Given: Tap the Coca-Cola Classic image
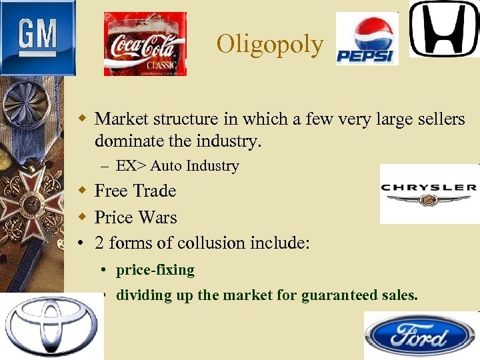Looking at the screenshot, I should click(145, 43).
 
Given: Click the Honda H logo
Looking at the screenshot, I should click(443, 29).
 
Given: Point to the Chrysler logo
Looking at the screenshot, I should click(429, 193).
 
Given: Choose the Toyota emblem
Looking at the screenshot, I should click(51, 326).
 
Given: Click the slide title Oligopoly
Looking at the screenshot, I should click(270, 44).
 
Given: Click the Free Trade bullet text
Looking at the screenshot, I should click(135, 191).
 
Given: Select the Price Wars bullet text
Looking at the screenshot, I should click(136, 217).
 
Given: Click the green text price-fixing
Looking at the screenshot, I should click(155, 270).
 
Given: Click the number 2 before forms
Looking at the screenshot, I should click(99, 243).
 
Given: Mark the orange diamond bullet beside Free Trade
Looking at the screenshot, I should click(81, 191).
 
